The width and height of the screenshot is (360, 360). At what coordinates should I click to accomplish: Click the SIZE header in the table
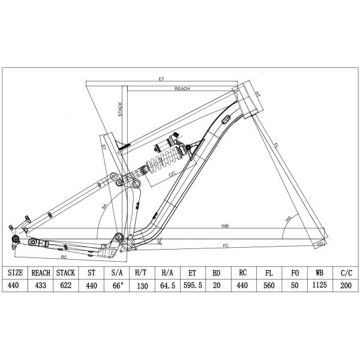click(x=14, y=272)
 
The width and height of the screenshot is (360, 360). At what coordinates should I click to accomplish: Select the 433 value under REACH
click(x=40, y=286)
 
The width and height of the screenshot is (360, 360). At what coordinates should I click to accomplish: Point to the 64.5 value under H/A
click(x=167, y=286)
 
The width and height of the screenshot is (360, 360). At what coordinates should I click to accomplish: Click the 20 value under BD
click(x=218, y=286)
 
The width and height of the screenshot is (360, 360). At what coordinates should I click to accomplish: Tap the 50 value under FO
click(x=294, y=286)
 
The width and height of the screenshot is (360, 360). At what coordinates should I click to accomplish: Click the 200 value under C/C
click(x=344, y=286)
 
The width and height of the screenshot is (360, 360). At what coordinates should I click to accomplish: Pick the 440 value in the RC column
click(x=243, y=286)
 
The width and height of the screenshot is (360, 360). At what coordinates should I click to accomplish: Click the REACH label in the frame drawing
click(x=182, y=88)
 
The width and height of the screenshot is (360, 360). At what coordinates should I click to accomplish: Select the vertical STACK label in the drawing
click(x=120, y=112)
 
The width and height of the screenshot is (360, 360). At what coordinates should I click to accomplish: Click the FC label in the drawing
click(x=226, y=245)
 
